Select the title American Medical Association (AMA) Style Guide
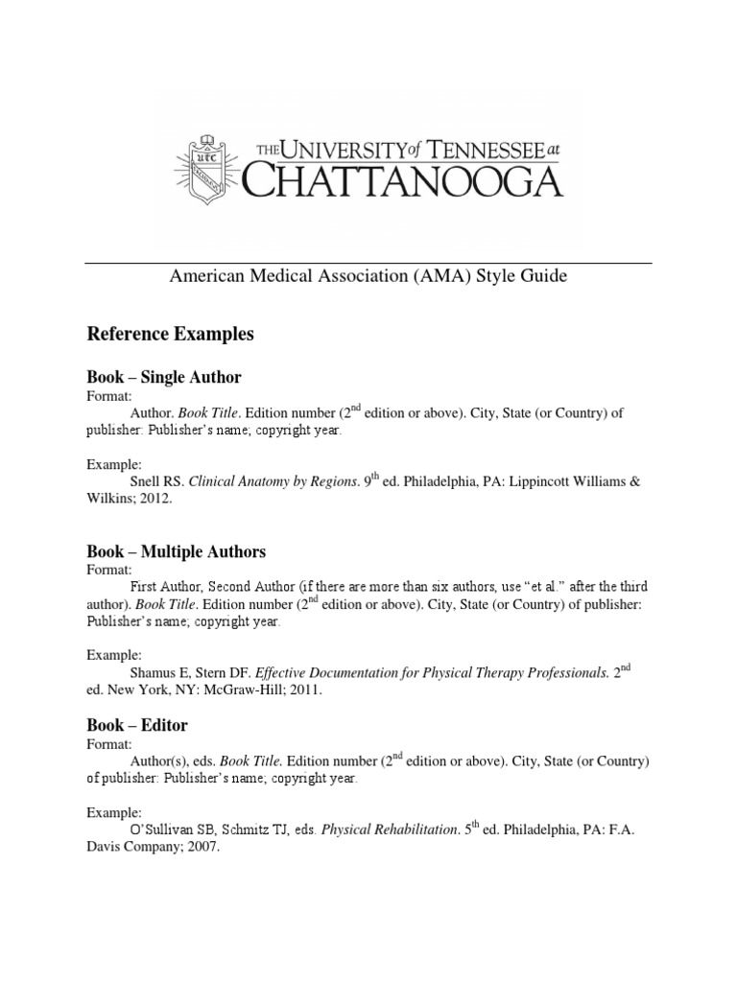[x=368, y=276]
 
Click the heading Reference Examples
[x=170, y=334]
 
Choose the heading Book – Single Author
[x=164, y=377]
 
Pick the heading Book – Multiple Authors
[x=176, y=551]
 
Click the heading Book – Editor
[x=137, y=724]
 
